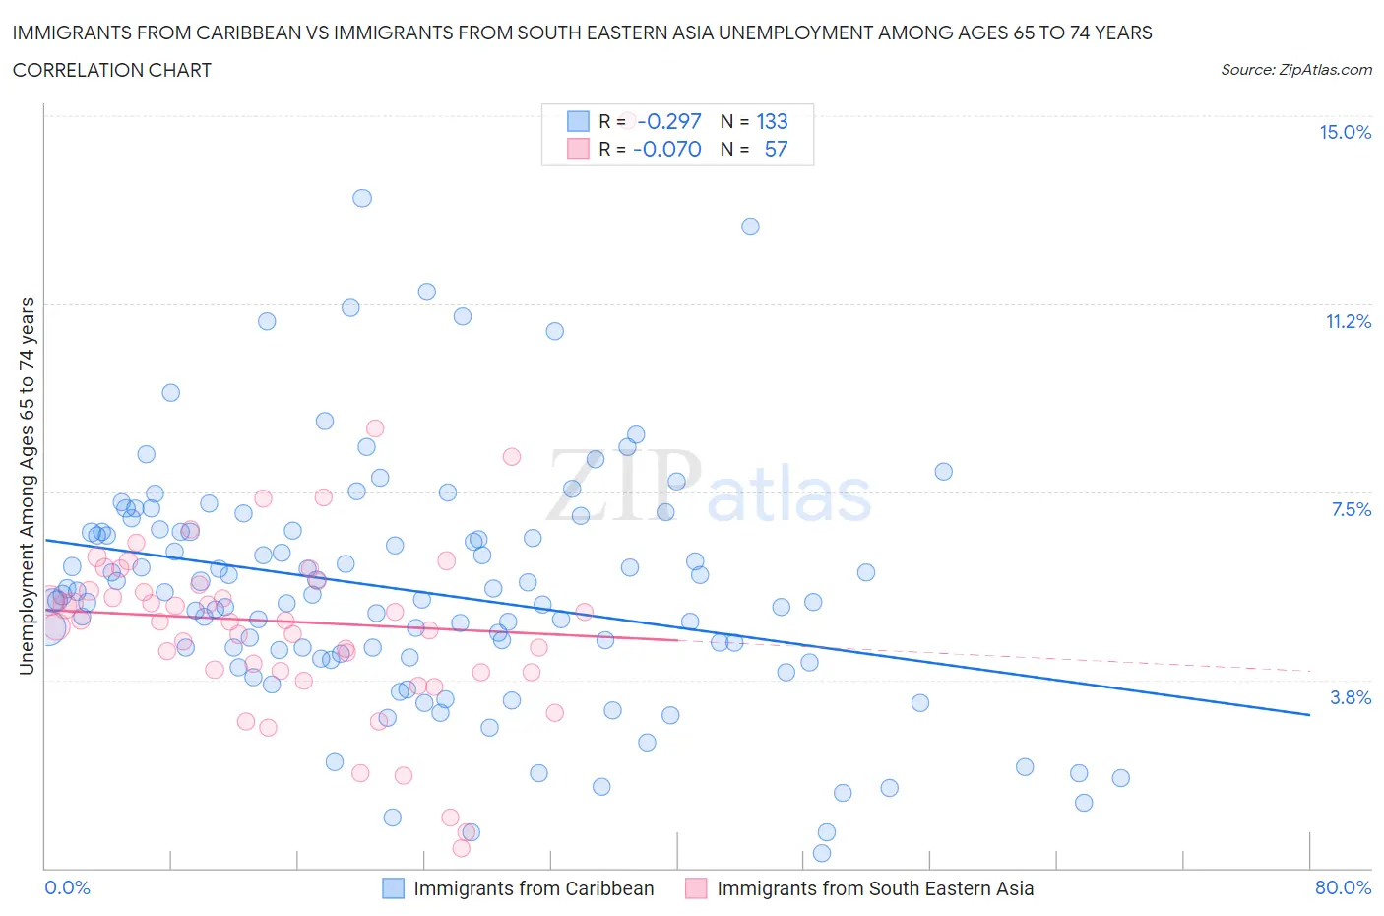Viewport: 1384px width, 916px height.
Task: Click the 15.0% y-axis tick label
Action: coord(1345,133)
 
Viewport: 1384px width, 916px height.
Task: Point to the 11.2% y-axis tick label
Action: coord(1348,321)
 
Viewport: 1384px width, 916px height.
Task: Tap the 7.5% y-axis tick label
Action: coord(1351,509)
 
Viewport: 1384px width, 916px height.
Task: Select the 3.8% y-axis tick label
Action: coord(1351,697)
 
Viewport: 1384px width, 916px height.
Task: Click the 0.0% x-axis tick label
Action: coord(67,887)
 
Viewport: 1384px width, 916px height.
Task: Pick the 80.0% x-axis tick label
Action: coord(1343,887)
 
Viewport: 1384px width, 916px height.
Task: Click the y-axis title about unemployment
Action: coord(27,487)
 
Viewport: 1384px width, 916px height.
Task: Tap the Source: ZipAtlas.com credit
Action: coord(1295,70)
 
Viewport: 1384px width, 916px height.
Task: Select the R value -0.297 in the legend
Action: coord(669,121)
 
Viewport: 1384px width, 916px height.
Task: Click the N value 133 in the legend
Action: coord(772,121)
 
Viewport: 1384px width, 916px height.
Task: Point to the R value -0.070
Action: coord(667,149)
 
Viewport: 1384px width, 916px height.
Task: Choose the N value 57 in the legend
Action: coord(776,149)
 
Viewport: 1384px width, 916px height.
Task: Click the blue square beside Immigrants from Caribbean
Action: coord(393,888)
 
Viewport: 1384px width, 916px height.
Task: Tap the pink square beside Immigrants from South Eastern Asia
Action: coord(696,888)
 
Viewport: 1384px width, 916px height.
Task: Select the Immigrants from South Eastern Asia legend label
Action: coord(875,888)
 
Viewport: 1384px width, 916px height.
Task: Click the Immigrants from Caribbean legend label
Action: coord(534,888)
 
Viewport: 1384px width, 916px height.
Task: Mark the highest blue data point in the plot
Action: coord(362,198)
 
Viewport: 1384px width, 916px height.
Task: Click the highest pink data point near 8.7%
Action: coord(375,428)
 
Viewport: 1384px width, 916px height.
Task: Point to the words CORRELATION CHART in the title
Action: coord(112,70)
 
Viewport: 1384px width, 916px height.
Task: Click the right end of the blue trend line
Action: coord(1308,714)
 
